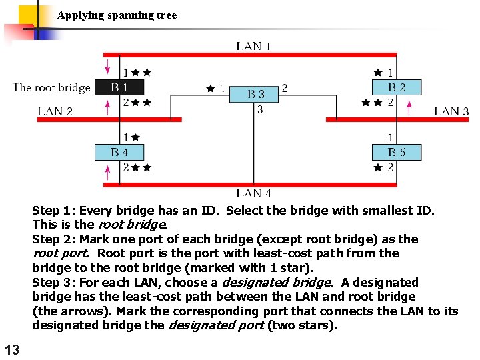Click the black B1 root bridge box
(x=119, y=87)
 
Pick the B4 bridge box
(x=119, y=153)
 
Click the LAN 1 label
(x=253, y=46)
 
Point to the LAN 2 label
(x=55, y=111)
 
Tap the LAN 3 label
(x=451, y=111)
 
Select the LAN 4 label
(x=253, y=193)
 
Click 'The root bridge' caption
(x=51, y=88)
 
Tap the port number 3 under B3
(x=260, y=110)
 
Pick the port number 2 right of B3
(x=285, y=87)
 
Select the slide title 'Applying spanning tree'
(x=117, y=15)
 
